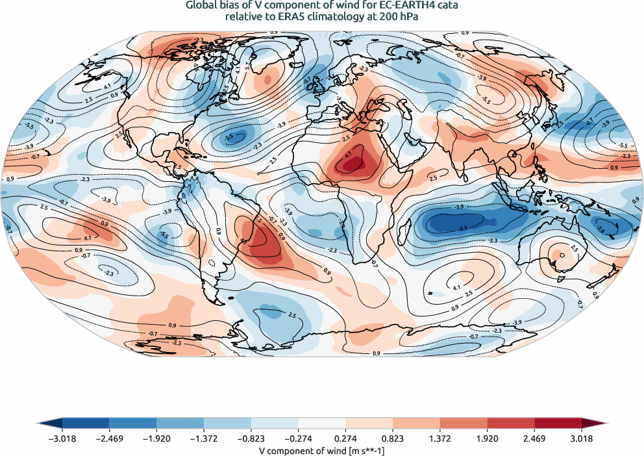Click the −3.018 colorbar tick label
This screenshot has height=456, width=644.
pos(62,438)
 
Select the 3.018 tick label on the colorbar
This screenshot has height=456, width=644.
pos(582,438)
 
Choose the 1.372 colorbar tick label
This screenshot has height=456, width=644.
pos(440,438)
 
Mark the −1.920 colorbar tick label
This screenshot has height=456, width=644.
pos(156,438)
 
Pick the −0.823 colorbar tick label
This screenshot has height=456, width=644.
pos(251,438)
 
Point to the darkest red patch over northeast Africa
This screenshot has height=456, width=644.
pos(351,165)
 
